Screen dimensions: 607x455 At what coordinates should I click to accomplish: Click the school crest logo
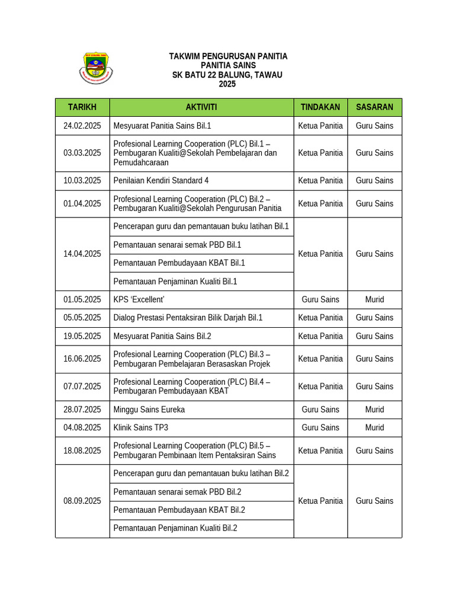(x=95, y=68)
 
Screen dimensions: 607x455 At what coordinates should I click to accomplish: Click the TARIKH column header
(x=82, y=107)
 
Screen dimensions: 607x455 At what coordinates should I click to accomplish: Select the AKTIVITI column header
(x=201, y=107)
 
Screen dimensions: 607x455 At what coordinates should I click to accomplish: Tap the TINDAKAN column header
(x=321, y=107)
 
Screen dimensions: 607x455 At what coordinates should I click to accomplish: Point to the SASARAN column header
(x=374, y=107)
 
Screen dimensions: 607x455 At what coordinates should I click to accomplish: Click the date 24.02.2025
(x=82, y=126)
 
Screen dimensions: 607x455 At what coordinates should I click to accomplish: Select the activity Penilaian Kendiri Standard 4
(x=161, y=180)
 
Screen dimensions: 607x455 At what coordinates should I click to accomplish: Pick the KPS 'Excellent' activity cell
(x=139, y=299)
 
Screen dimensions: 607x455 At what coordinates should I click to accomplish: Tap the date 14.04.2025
(x=82, y=254)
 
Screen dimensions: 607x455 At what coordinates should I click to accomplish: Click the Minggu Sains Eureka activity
(x=149, y=409)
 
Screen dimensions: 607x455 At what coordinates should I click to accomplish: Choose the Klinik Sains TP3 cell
(x=141, y=427)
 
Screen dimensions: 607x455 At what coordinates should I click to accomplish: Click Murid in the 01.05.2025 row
(x=374, y=299)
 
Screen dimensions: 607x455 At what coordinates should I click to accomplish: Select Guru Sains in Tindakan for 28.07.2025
(x=321, y=409)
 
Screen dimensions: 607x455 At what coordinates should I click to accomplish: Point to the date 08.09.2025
(x=82, y=501)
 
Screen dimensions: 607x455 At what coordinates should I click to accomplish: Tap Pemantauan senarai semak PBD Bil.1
(x=177, y=245)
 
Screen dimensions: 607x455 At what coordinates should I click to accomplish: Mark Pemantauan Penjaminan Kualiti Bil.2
(x=175, y=528)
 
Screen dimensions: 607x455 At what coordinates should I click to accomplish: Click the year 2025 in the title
(x=227, y=84)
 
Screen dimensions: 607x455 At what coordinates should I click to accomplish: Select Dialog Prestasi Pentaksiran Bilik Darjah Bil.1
(x=188, y=318)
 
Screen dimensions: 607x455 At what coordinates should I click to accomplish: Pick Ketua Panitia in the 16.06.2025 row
(x=321, y=359)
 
